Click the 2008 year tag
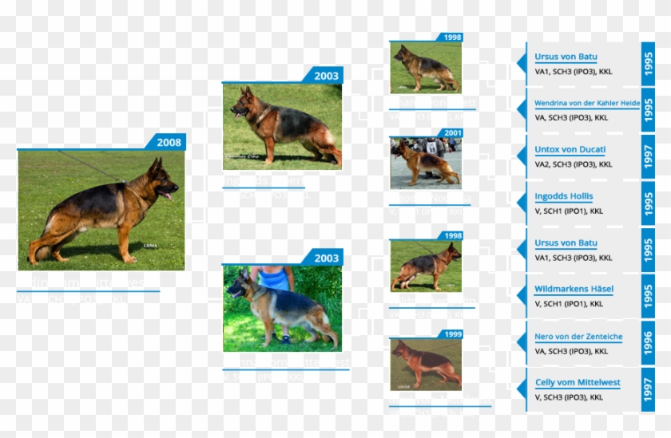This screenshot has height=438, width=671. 168,142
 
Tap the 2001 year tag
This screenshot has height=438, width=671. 453,132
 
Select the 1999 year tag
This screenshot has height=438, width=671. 453,334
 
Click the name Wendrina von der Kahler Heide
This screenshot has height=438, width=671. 587,104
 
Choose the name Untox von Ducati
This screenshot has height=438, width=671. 570,150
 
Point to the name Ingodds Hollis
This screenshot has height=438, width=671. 564,196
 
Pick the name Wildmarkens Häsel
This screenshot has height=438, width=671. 574,289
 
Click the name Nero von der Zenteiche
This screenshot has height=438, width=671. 578,337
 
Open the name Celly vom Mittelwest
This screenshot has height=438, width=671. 578,383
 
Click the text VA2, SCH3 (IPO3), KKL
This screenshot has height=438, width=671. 574,164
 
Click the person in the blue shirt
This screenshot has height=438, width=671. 274,278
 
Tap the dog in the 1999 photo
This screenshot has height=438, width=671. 427,363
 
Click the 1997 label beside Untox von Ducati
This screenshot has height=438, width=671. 648,156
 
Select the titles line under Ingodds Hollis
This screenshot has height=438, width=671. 569,211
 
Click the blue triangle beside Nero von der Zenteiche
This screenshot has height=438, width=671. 521,343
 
